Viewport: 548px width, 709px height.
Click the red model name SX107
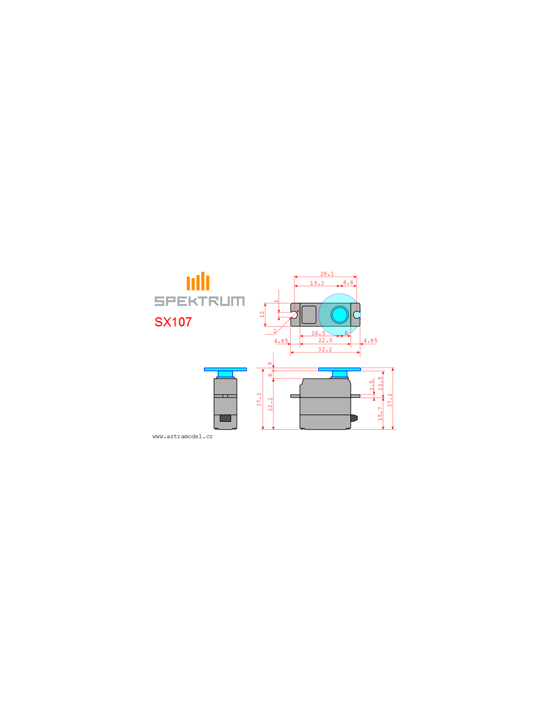pyautogui.click(x=173, y=322)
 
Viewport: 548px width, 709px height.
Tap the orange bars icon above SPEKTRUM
pyautogui.click(x=198, y=281)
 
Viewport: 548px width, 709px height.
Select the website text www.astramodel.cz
pyautogui.click(x=182, y=437)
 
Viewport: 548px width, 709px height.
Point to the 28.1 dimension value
pyautogui.click(x=327, y=274)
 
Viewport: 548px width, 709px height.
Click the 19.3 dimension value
pyautogui.click(x=317, y=283)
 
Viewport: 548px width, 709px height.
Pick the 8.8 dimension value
pyautogui.click(x=348, y=283)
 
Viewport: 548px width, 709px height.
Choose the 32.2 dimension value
pyautogui.click(x=325, y=350)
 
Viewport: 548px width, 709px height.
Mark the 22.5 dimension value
pyautogui.click(x=325, y=341)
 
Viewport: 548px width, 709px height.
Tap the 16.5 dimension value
pyautogui.click(x=318, y=333)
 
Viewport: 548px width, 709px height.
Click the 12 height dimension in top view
pyautogui.click(x=262, y=314)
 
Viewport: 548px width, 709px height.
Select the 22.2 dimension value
pyautogui.click(x=270, y=404)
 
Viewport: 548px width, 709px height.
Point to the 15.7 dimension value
pyautogui.click(x=380, y=413)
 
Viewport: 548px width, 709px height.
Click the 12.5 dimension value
pyautogui.click(x=380, y=383)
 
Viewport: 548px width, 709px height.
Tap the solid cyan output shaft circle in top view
pyautogui.click(x=339, y=315)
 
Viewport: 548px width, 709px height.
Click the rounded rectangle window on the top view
pyautogui.click(x=309, y=315)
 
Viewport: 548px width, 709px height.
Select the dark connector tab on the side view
pyautogui.click(x=354, y=418)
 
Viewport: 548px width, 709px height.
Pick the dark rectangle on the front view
pyautogui.click(x=225, y=418)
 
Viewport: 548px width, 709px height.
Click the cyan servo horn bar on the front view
pyautogui.click(x=225, y=369)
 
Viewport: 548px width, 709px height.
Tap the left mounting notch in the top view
pyautogui.click(x=294, y=315)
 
